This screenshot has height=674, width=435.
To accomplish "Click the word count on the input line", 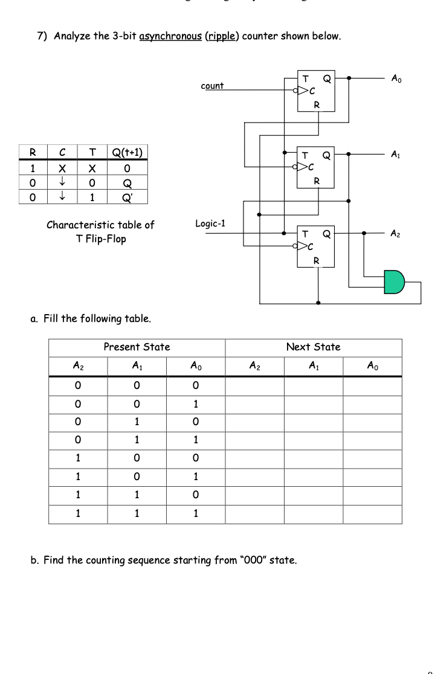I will (212, 86).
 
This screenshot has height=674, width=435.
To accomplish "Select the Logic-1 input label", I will (210, 223).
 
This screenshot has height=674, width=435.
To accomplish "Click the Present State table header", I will (137, 347).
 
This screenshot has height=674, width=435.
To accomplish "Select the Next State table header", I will (314, 347).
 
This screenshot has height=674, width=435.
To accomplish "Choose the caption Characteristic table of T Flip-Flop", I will (100, 231).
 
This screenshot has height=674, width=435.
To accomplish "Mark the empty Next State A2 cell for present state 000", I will (255, 385).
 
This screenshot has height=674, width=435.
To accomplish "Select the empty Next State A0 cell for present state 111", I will (372, 515).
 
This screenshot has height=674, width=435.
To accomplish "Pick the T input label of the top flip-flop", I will (306, 79).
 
